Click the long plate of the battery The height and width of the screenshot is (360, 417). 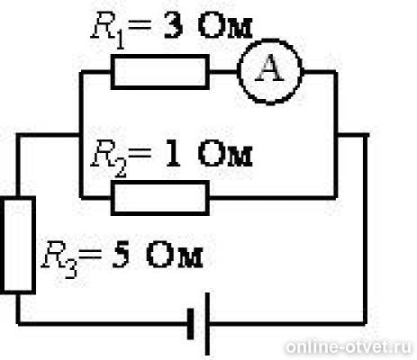coord(207,324)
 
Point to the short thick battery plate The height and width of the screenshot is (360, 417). coord(190,324)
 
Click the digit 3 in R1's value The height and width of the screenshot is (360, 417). coord(173,27)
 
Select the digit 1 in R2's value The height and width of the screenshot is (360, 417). coord(173,154)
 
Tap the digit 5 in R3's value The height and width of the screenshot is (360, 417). coord(121,256)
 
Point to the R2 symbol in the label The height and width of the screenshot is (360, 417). coord(109,159)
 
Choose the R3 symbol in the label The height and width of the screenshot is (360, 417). coord(59,260)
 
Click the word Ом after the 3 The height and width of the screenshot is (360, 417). coord(225,27)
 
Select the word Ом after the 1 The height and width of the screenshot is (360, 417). coord(225,154)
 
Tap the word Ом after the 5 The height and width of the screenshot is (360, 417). coord(175,256)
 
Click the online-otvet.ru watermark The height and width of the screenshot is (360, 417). coord(349,347)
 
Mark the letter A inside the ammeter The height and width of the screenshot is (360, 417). coord(270,68)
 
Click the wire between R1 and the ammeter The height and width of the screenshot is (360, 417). coord(223,72)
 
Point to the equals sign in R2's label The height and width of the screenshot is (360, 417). coord(139,153)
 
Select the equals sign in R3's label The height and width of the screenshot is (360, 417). coord(89,256)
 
